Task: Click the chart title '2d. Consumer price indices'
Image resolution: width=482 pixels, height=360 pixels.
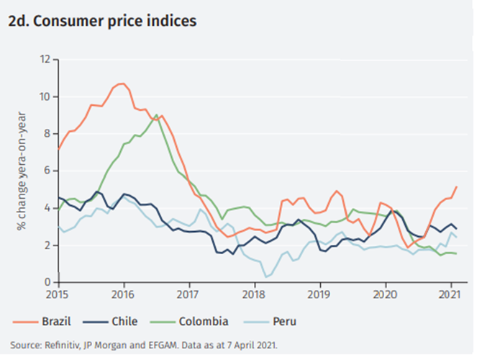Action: point(102,21)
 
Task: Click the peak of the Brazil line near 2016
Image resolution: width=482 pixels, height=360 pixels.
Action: point(121,84)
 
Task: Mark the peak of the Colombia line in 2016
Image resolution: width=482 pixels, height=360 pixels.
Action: point(156,114)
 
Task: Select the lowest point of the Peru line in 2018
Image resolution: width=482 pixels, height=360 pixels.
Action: point(266,276)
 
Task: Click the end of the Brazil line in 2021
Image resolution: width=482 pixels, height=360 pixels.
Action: point(456,186)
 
